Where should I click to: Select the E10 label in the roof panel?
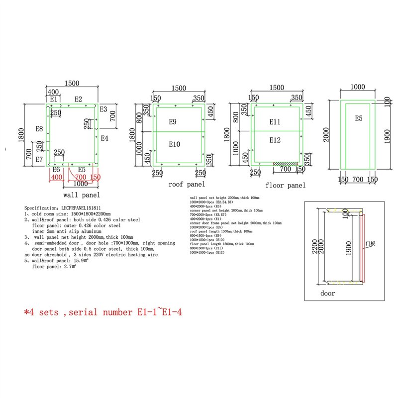pos(174,144)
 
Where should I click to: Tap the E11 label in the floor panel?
pos(276,122)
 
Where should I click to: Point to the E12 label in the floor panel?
pos(276,140)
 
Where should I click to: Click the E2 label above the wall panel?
pos(78,99)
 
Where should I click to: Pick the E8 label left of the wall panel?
pos(39,129)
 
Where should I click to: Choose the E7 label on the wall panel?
pos(39,159)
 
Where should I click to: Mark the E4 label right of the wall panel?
pos(104,138)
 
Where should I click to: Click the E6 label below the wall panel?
pos(56,170)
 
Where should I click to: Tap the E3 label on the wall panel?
pos(103,109)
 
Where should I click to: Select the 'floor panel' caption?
pos(285,186)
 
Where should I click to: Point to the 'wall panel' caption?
pos(82,195)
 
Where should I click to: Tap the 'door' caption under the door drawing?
pos(327,294)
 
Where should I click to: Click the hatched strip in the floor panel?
pos(285,163)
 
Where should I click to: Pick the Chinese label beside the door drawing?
pos(370,243)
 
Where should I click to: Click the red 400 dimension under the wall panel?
pos(56,177)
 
